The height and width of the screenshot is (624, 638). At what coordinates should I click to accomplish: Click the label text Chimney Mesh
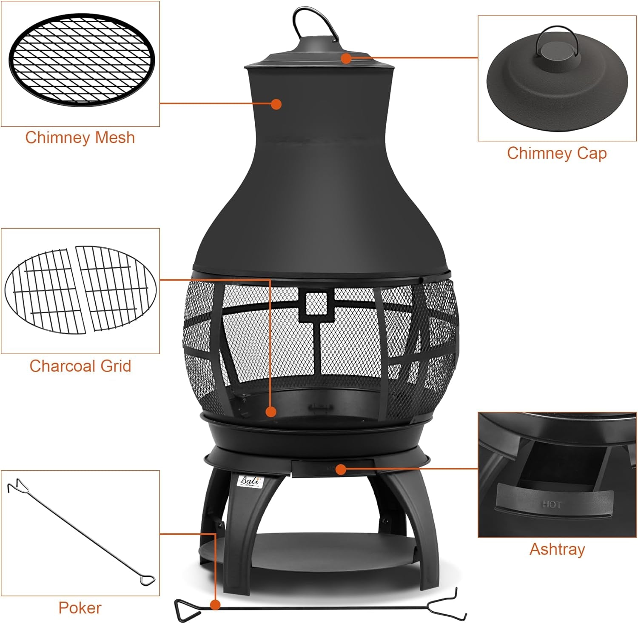pyautogui.click(x=80, y=138)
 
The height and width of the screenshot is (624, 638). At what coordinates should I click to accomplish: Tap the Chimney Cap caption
pyautogui.click(x=557, y=153)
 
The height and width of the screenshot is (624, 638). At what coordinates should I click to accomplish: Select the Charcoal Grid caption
pyautogui.click(x=80, y=366)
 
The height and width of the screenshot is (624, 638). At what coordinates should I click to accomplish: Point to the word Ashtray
pyautogui.click(x=557, y=549)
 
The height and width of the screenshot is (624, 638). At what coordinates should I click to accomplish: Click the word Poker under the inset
pyautogui.click(x=80, y=608)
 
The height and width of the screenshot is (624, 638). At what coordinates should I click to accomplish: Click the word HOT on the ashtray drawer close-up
pyautogui.click(x=552, y=504)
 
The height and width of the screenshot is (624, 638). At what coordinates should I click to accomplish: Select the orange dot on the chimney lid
pyautogui.click(x=347, y=58)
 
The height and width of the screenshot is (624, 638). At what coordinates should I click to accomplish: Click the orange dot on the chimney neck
pyautogui.click(x=276, y=104)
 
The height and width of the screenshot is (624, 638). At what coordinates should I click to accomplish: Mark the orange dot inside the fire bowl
pyautogui.click(x=271, y=412)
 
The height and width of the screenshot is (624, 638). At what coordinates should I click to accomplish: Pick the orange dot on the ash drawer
pyautogui.click(x=340, y=469)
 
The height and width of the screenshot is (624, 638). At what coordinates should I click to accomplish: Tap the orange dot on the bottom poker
pyautogui.click(x=216, y=604)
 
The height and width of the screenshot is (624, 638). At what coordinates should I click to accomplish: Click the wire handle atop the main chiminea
pyautogui.click(x=313, y=21)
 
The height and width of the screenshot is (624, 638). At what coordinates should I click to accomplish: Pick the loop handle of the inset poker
pyautogui.click(x=148, y=579)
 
